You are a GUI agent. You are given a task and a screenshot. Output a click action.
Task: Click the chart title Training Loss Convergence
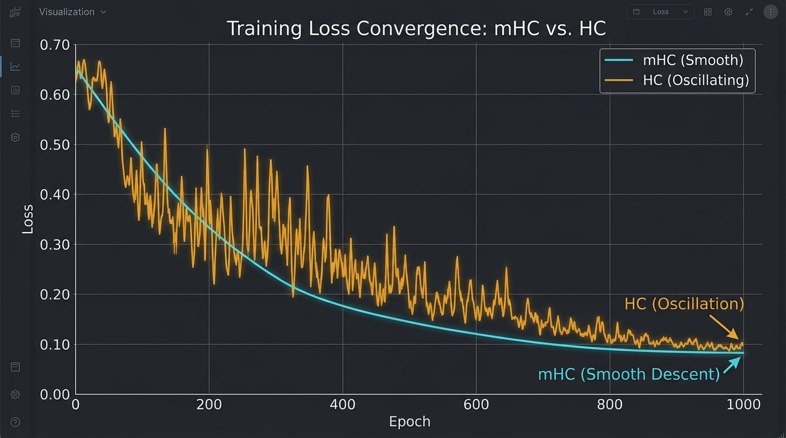416,29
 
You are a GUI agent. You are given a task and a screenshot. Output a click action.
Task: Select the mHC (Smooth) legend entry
692,60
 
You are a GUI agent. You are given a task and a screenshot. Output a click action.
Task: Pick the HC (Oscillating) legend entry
695,80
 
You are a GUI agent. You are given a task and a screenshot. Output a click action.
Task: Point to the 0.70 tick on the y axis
55,44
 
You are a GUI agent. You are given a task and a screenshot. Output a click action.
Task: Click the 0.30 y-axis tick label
55,245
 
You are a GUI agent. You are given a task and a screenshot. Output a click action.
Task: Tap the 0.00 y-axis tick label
55,394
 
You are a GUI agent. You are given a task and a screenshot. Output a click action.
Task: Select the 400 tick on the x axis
343,405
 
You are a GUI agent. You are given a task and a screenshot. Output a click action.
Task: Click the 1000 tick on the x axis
743,405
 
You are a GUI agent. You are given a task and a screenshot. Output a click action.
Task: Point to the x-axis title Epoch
410,422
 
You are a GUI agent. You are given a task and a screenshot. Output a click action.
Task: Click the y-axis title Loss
27,219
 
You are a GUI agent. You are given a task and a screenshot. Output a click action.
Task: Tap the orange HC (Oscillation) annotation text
684,304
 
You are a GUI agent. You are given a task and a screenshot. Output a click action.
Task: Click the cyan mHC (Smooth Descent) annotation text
628,374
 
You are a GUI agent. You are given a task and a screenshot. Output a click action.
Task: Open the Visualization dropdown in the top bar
73,12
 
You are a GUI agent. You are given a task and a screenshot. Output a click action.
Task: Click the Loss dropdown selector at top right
660,12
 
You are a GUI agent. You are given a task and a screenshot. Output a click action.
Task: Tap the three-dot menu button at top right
771,12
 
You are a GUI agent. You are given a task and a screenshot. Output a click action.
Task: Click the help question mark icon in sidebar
15,423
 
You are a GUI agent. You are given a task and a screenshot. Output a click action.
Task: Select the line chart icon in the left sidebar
15,67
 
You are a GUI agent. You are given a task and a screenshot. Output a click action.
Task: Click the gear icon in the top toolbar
728,12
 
